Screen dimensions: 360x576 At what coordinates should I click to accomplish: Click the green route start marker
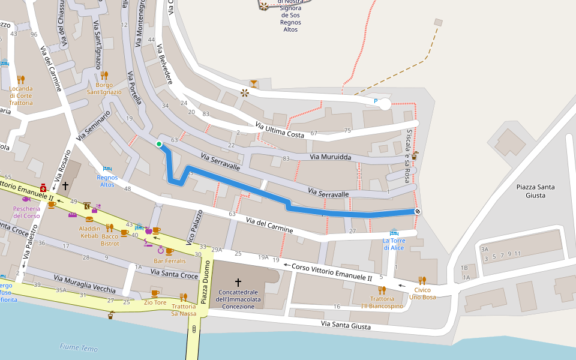pyautogui.click(x=159, y=143)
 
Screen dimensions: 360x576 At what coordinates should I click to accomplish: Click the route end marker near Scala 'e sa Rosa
pyautogui.click(x=417, y=211)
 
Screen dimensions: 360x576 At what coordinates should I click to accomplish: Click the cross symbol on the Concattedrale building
pyautogui.click(x=238, y=282)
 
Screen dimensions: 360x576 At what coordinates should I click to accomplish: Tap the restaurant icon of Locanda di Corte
pyautogui.click(x=21, y=79)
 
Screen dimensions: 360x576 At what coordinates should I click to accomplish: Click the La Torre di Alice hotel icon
pyautogui.click(x=394, y=232)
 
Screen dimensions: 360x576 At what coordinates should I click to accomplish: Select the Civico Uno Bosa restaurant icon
pyautogui.click(x=422, y=280)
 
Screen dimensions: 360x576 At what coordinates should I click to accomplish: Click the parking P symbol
pyautogui.click(x=376, y=101)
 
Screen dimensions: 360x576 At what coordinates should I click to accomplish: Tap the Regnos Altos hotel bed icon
pyautogui.click(x=107, y=169)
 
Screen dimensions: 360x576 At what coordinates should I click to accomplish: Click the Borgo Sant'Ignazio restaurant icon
pyautogui.click(x=104, y=76)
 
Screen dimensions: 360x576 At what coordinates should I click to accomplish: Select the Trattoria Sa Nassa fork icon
pyautogui.click(x=184, y=297)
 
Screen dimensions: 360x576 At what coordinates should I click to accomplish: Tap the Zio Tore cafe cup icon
pyautogui.click(x=155, y=293)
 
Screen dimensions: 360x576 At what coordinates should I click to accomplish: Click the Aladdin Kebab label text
pyautogui.click(x=89, y=232)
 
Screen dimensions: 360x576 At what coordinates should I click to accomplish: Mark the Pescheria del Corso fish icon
pyautogui.click(x=26, y=198)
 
